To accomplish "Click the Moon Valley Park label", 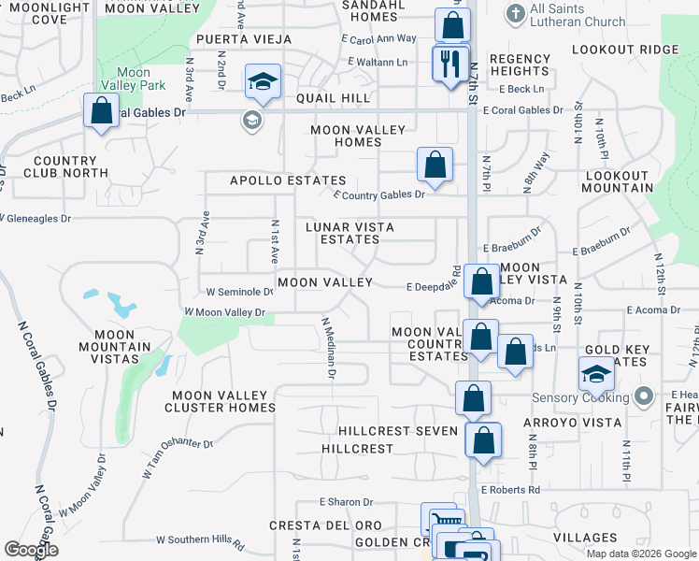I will click(134, 79).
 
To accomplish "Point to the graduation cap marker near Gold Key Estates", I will click(595, 374).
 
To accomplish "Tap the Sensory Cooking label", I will click(576, 397).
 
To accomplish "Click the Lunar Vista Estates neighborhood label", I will click(351, 233).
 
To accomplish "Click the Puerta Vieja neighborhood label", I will click(243, 40).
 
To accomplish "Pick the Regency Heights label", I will click(520, 65).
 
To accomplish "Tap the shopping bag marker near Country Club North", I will click(102, 110).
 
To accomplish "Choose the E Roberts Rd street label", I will click(511, 489).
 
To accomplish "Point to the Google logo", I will click(31, 550).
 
